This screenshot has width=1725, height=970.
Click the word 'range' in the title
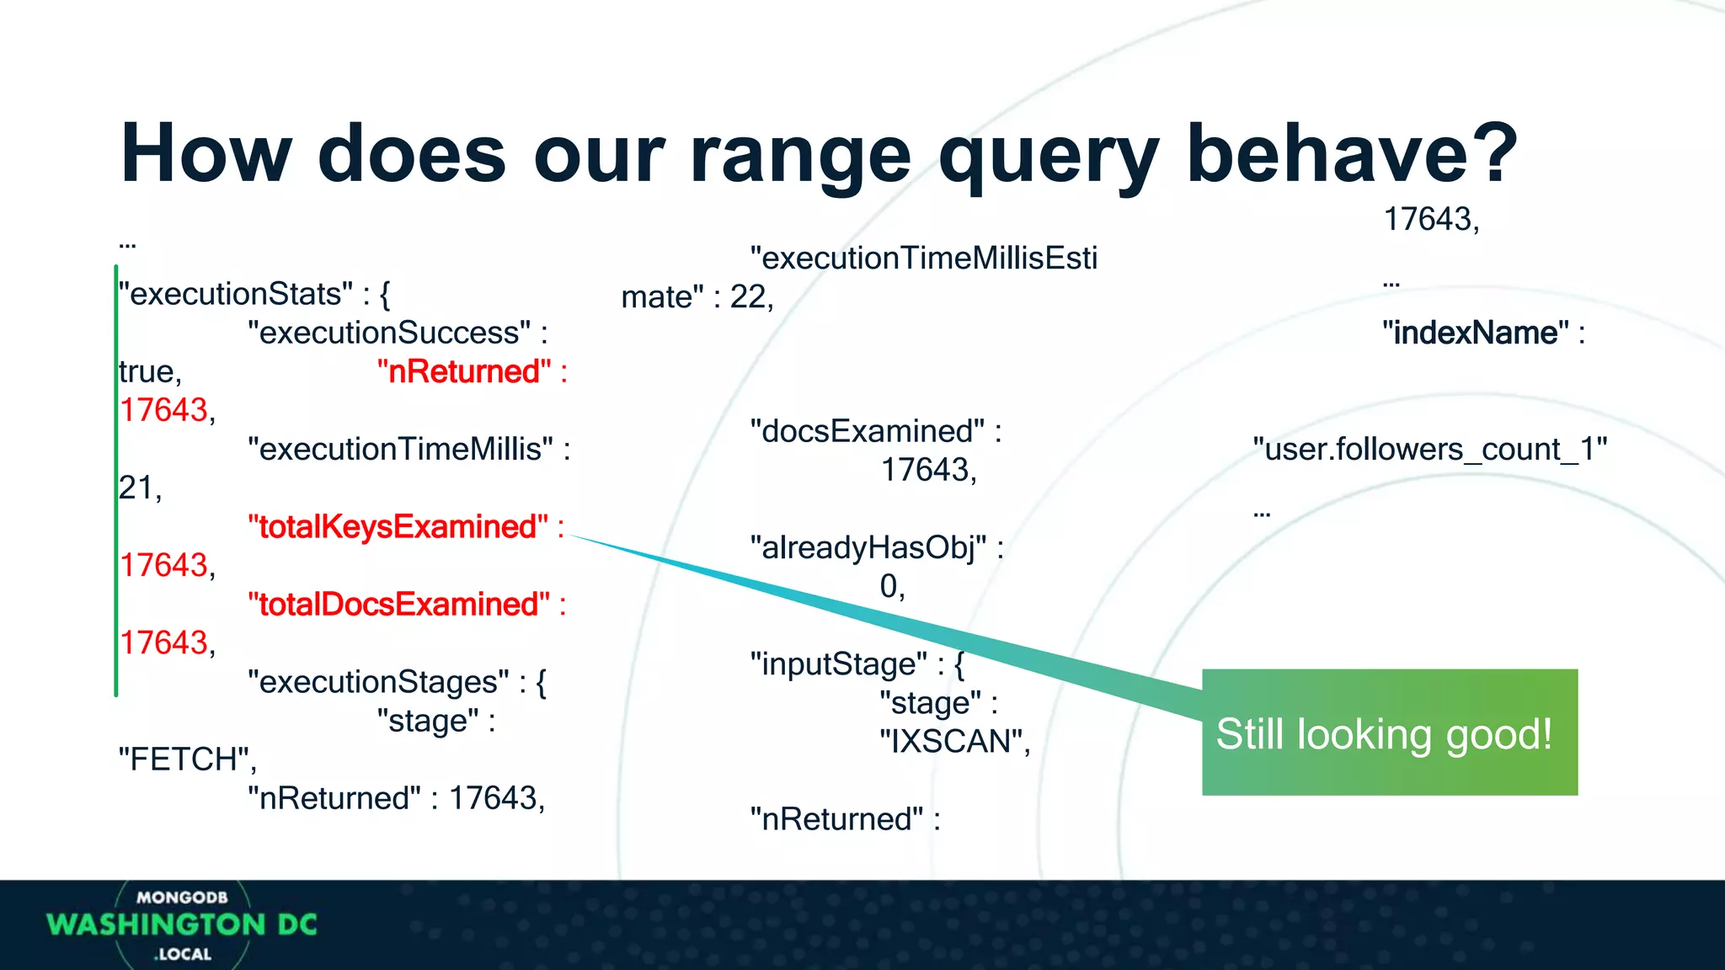coord(799,154)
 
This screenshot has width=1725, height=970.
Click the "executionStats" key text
coord(236,294)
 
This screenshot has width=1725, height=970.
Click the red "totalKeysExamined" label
coord(398,527)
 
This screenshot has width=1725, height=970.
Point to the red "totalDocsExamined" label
coord(398,605)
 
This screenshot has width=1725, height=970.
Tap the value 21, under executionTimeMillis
coord(139,488)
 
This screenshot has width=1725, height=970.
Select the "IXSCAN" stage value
coord(953,741)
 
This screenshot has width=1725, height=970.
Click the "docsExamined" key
coord(867,431)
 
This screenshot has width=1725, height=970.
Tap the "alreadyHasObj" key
coord(868,547)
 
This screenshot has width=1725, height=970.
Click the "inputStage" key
coord(838,664)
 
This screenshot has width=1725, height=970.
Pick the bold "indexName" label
coord(1475,333)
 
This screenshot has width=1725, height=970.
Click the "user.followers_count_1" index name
coord(1429,450)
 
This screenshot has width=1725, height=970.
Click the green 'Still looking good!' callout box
coord(1389,733)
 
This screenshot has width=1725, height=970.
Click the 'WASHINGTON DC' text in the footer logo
coord(182,925)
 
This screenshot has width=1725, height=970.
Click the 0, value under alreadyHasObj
coord(891,586)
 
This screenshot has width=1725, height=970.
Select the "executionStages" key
coord(378,682)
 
